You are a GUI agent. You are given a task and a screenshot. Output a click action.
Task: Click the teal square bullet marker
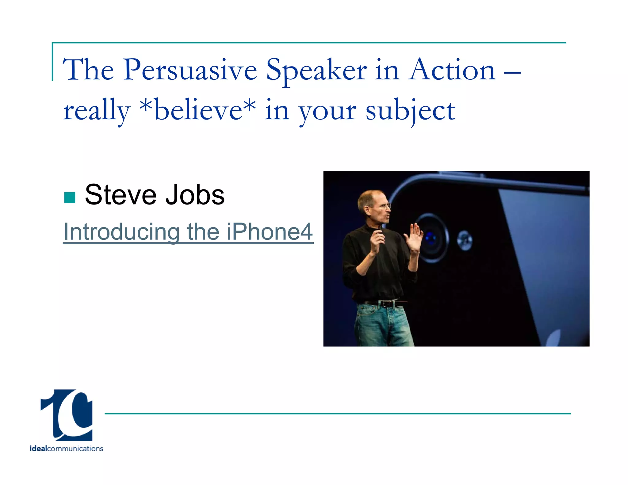point(70,198)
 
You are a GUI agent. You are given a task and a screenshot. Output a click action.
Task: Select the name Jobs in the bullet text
point(195,195)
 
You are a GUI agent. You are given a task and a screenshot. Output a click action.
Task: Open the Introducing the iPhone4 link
point(188,232)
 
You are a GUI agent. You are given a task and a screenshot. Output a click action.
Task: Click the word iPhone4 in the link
point(270,232)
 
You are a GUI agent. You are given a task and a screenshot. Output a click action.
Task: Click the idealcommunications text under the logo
point(66,449)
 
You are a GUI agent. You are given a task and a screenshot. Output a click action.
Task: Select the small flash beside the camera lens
point(465,240)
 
